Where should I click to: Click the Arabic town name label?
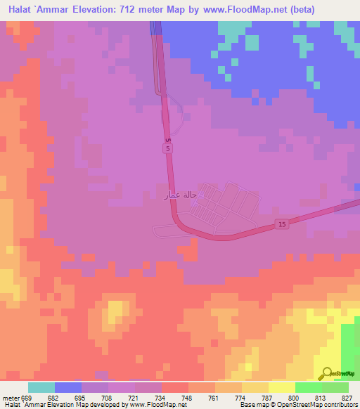[x=178, y=194]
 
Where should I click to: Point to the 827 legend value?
[x=348, y=398]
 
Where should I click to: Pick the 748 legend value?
[x=188, y=398]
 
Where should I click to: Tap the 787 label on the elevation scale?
[x=268, y=398]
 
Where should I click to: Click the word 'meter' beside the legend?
[x=9, y=398]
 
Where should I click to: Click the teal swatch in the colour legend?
[x=41, y=387]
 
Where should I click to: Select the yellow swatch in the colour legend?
[x=282, y=387]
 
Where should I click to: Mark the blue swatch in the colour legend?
[x=68, y=387]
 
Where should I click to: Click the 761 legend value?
[x=214, y=398]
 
